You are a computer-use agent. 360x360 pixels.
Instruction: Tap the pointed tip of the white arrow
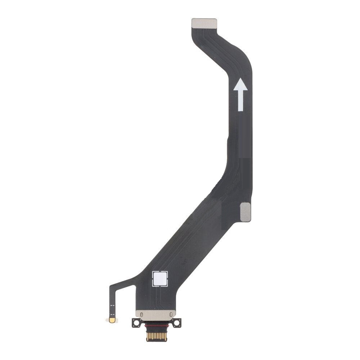240,80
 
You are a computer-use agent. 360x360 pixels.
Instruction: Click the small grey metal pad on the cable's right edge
245,211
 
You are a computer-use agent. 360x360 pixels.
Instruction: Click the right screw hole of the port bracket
177,323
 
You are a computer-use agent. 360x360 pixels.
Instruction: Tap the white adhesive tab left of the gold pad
108,319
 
